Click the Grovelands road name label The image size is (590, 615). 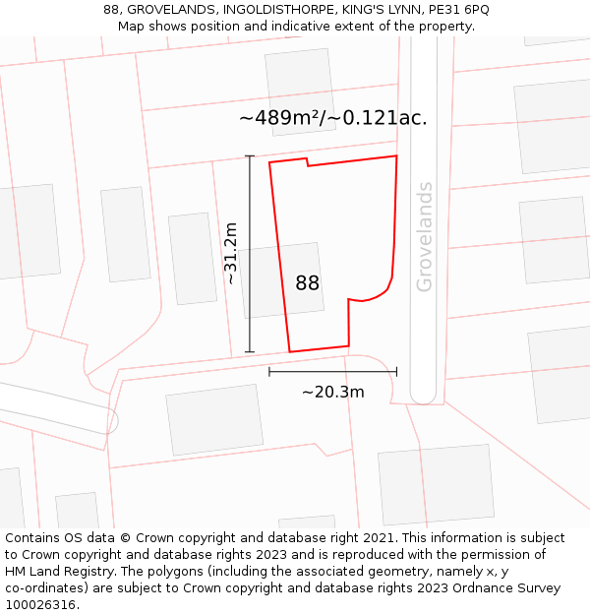click(425, 236)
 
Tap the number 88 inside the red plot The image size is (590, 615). click(307, 283)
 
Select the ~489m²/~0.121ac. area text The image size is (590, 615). click(332, 118)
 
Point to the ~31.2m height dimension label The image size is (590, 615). click(230, 253)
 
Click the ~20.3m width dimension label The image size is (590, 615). click(332, 392)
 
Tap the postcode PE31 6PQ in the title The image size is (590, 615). click(461, 10)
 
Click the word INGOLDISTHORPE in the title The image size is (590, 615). click(273, 10)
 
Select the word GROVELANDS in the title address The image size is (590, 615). click(172, 10)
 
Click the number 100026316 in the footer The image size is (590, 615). click(39, 605)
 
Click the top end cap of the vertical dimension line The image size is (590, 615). click(250, 156)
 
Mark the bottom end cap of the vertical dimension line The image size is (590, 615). click(250, 351)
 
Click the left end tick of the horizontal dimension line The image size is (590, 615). click(269, 371)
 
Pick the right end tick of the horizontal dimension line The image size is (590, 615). click(396, 371)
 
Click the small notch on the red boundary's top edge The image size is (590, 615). click(307, 162)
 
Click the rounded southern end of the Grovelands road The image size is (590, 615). click(423, 397)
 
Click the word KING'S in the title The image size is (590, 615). click(360, 10)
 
